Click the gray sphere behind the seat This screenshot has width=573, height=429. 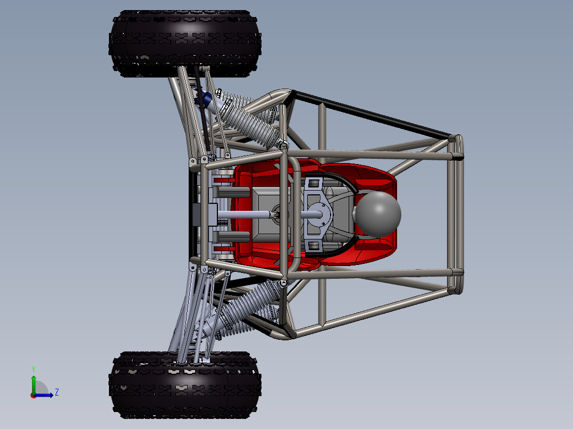(378, 213)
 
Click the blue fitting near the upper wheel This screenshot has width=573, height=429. (204, 98)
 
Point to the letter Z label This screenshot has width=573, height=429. (56, 392)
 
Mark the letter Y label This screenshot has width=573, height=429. (33, 368)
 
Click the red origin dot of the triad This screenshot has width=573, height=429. (33, 395)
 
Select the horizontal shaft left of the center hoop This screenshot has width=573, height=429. (245, 214)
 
